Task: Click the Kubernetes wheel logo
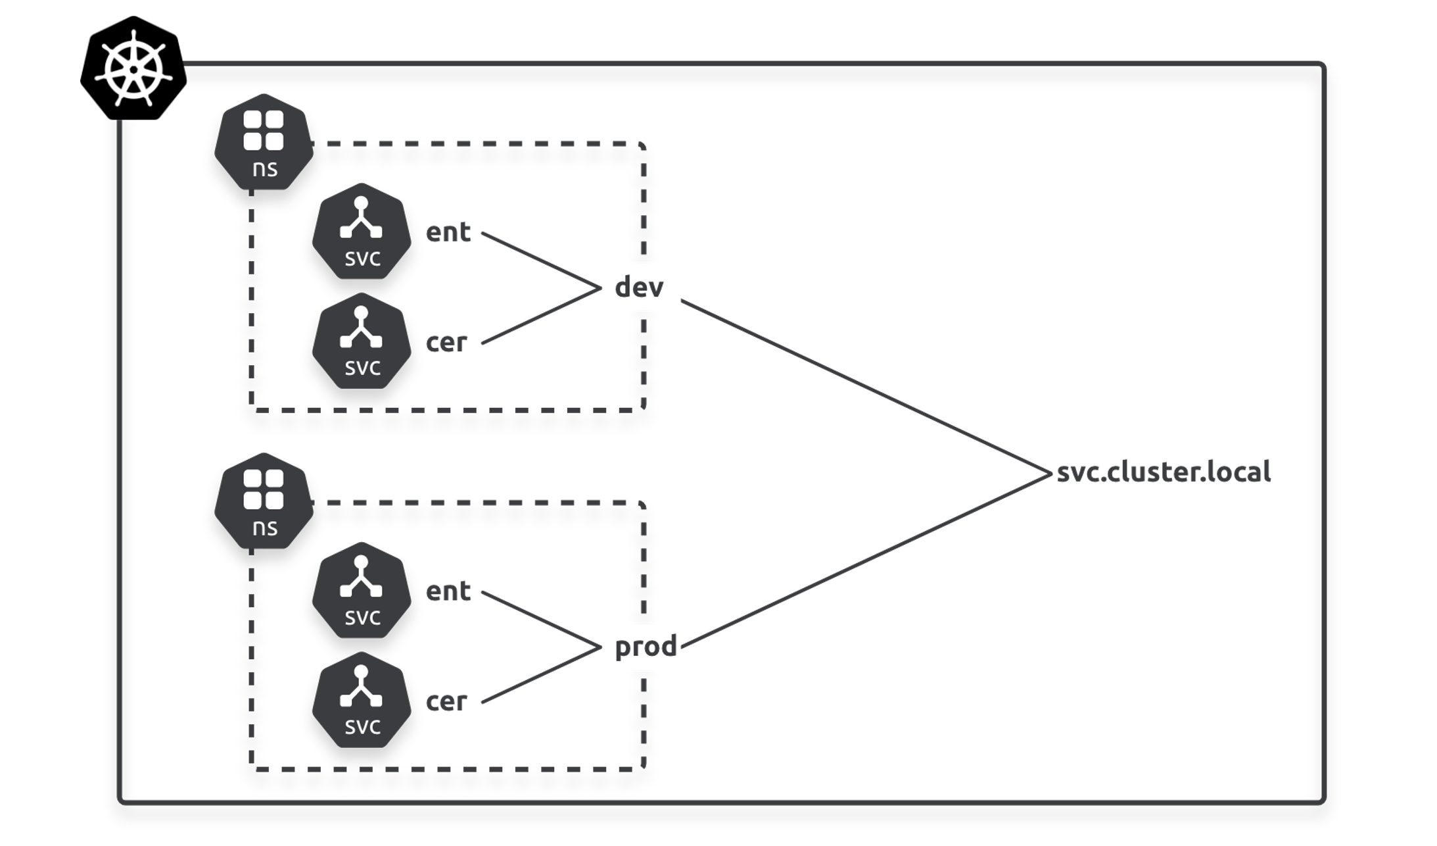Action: click(x=133, y=68)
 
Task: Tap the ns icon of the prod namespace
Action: click(x=264, y=501)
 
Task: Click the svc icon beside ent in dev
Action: click(x=361, y=232)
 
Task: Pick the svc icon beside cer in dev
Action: click(x=361, y=341)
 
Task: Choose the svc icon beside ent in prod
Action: click(x=361, y=591)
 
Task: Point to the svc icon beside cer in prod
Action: click(x=361, y=701)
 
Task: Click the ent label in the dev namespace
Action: click(x=448, y=232)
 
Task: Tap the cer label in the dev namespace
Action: click(x=446, y=342)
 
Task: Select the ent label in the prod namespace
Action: click(x=448, y=591)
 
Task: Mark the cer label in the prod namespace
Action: click(x=446, y=701)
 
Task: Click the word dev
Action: click(x=639, y=287)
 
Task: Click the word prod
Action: click(x=646, y=647)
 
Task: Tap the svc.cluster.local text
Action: click(x=1164, y=472)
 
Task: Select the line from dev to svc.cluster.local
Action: click(x=864, y=386)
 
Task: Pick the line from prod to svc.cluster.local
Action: click(x=864, y=560)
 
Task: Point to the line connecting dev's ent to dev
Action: click(x=540, y=260)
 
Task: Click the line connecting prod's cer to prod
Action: click(x=540, y=675)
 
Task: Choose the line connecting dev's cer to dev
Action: click(x=540, y=316)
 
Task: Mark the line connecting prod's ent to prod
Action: click(x=540, y=619)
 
